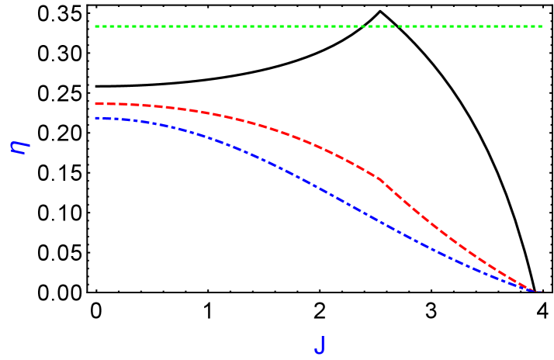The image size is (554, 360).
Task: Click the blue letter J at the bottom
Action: click(319, 345)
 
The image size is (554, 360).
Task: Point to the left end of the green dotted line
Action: click(95, 26)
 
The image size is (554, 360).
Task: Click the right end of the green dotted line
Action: click(542, 26)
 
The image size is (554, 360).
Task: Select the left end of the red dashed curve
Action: click(95, 103)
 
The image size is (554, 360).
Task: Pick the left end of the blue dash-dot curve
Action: click(95, 118)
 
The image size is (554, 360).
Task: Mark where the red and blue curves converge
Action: click(534, 291)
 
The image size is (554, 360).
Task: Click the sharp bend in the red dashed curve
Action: click(380, 178)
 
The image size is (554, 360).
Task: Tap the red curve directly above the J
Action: click(319, 146)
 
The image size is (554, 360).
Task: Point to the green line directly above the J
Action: click(319, 26)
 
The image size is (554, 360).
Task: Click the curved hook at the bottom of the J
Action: click(317, 353)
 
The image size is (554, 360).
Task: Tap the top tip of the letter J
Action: click(320, 337)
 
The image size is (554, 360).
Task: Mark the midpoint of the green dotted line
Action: click(318, 26)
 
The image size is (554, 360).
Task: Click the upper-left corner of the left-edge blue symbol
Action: click(12, 142)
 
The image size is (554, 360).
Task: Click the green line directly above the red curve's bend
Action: click(380, 26)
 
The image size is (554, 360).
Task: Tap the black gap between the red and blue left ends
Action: click(95, 111)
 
